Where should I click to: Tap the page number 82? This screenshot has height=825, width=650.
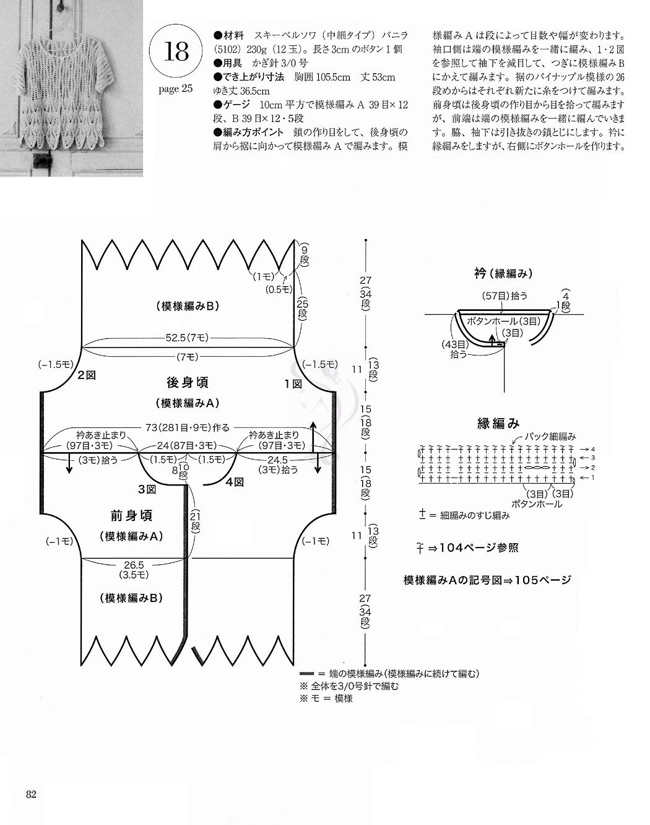pos(32,795)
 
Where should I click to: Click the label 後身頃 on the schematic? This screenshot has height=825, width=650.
pos(187,382)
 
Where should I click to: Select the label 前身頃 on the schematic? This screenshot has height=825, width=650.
pos(131,515)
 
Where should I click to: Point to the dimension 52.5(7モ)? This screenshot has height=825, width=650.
pos(187,338)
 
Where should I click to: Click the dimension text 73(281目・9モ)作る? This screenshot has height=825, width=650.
pos(188,427)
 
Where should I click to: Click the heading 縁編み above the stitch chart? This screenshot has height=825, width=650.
pos(498,424)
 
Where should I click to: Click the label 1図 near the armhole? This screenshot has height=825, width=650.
pos(293,384)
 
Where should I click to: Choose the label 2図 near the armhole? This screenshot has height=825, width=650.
pos(87,375)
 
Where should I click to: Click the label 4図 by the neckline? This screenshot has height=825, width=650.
pos(235,481)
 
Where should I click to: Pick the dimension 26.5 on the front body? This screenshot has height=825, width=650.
pos(134,565)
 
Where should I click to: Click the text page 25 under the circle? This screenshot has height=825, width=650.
pos(176,89)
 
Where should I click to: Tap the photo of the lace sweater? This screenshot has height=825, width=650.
pos(71,88)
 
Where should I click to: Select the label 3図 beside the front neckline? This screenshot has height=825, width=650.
pos(147,489)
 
